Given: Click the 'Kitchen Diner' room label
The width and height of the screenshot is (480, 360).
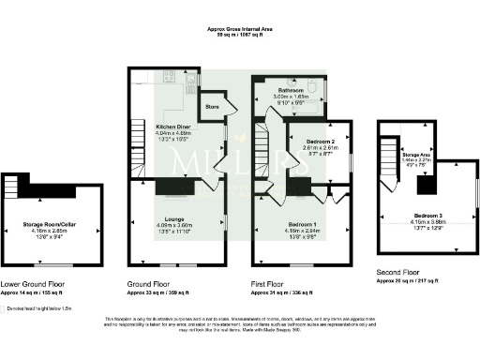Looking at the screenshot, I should pyautogui.click(x=174, y=125).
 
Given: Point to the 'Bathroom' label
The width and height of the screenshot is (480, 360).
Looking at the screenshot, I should pyautogui.click(x=289, y=90).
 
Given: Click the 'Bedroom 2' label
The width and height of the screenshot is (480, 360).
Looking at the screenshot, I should pyautogui.click(x=312, y=141).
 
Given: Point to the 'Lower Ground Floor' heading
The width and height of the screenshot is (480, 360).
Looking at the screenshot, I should pyautogui.click(x=34, y=282).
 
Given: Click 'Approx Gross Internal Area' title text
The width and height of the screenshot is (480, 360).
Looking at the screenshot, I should pyautogui.click(x=241, y=29).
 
